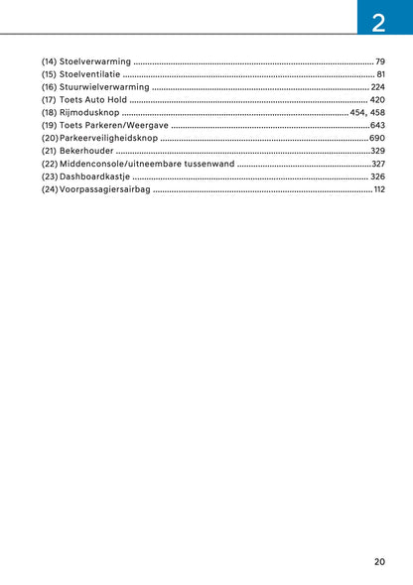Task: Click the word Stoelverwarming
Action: tap(95, 61)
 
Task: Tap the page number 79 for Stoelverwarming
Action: tap(379, 61)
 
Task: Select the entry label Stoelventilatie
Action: tap(90, 74)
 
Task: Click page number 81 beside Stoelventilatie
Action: tap(380, 74)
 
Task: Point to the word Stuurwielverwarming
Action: tap(104, 87)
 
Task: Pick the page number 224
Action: tap(377, 87)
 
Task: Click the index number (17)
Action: tap(50, 100)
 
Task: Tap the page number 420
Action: tap(377, 100)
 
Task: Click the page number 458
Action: tap(377, 113)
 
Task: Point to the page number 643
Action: tap(377, 126)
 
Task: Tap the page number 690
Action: tap(377, 138)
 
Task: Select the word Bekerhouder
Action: tap(86, 151)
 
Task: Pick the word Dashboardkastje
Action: tap(94, 175)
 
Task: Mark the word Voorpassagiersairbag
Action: tap(105, 188)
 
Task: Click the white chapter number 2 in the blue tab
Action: tap(378, 20)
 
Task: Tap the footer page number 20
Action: tap(379, 561)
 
